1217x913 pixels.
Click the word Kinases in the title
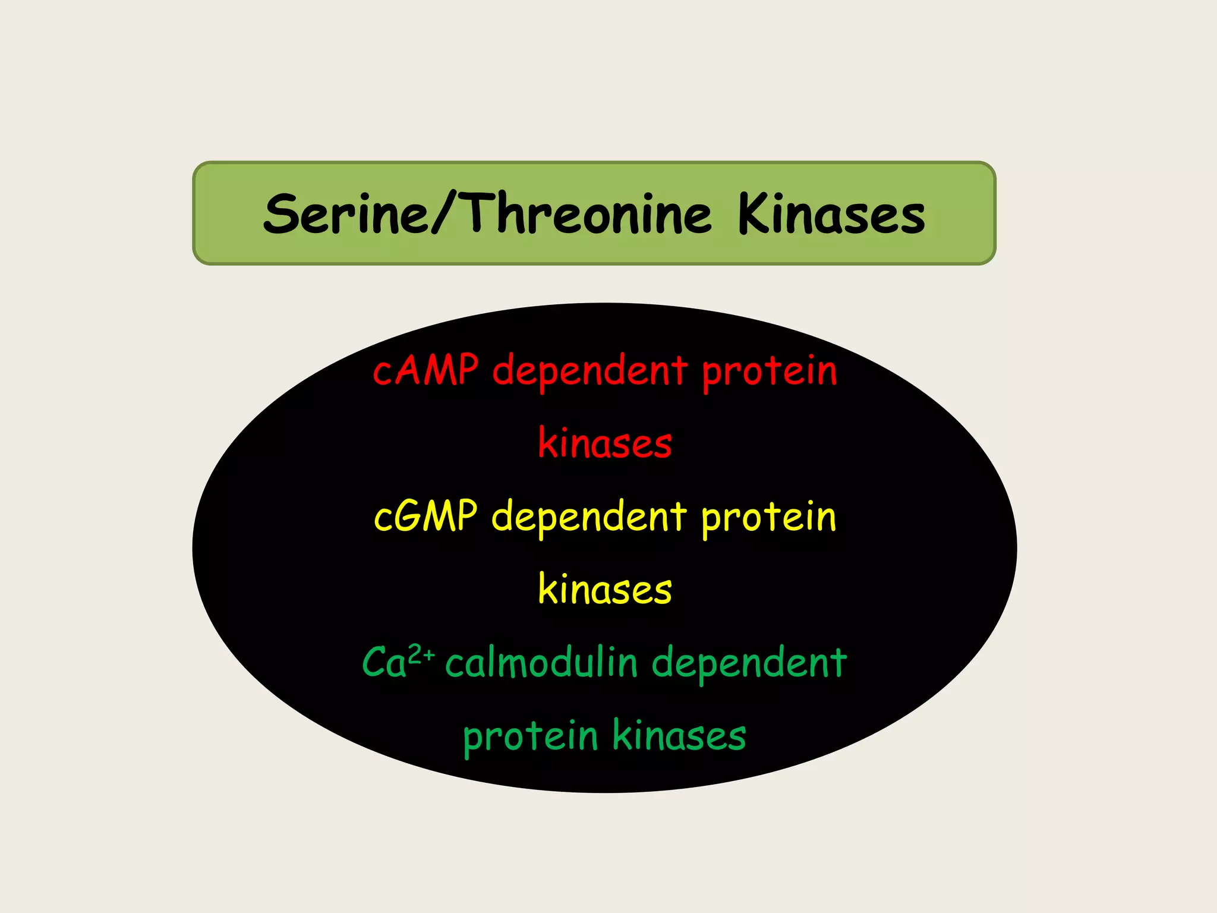[831, 214]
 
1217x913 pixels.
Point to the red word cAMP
[425, 370]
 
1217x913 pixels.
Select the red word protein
[770, 372]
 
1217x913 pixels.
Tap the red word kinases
[605, 443]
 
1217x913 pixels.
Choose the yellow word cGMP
[425, 516]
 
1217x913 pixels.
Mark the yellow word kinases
[605, 590]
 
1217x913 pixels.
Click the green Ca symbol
[384, 663]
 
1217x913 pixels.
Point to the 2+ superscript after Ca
[422, 654]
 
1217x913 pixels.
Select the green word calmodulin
[541, 663]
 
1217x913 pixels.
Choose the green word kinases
[679, 736]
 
